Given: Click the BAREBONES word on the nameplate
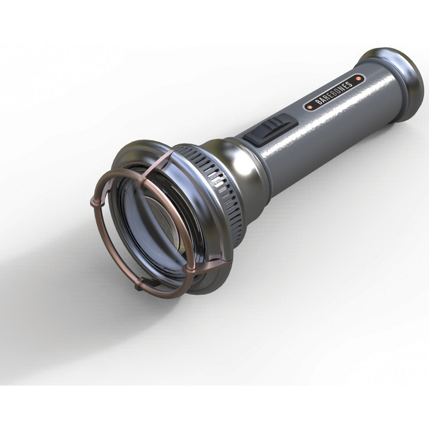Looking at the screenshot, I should [334, 93].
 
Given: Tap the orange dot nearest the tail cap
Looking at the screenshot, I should [358, 79].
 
